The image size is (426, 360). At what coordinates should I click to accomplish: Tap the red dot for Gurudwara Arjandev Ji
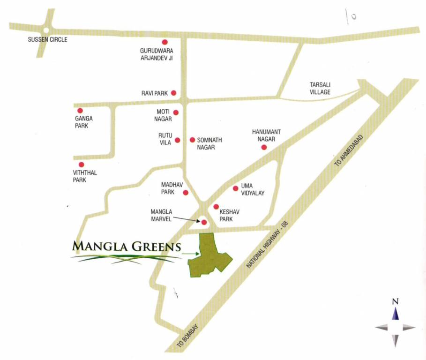(x=164, y=42)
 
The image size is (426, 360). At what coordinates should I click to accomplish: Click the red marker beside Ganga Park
(x=80, y=111)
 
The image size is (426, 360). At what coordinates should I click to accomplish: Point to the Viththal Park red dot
(x=81, y=165)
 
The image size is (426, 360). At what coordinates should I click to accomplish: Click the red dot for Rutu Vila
(x=178, y=140)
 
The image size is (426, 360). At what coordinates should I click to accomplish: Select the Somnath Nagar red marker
(x=192, y=140)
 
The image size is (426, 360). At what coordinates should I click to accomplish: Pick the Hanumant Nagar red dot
(x=264, y=147)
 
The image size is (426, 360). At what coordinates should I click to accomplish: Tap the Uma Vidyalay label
(x=253, y=190)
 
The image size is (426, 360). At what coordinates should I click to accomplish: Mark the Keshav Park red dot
(x=216, y=207)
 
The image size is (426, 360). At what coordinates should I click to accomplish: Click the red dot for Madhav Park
(x=186, y=193)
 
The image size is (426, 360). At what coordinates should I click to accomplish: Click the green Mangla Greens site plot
(x=208, y=257)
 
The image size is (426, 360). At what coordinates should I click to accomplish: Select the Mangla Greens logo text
(x=127, y=246)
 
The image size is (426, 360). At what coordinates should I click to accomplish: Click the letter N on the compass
(x=395, y=301)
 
